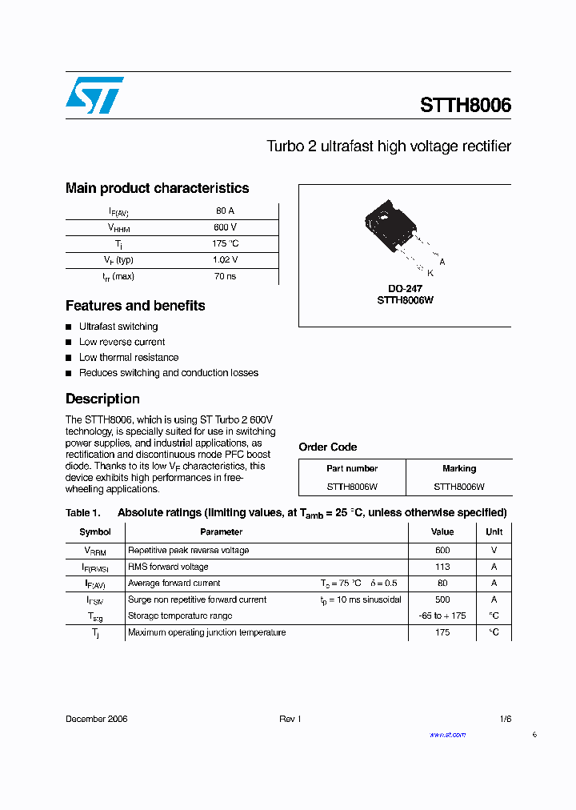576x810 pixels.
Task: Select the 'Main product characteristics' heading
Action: click(157, 188)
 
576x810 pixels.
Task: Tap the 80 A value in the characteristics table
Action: click(225, 211)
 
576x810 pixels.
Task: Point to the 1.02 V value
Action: click(225, 260)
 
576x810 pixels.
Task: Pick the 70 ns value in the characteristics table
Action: click(225, 276)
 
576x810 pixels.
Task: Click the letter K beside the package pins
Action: click(430, 273)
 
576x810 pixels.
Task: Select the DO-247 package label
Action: click(405, 289)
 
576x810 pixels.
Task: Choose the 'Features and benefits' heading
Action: click(135, 306)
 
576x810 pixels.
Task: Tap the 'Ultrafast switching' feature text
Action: click(118, 327)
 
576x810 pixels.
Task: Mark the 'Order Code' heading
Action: click(328, 447)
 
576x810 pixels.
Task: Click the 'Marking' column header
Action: click(458, 468)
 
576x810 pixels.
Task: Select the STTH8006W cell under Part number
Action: click(352, 486)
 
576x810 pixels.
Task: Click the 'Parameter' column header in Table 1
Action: click(221, 531)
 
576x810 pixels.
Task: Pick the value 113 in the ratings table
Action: click(442, 567)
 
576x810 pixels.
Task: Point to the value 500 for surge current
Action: click(442, 599)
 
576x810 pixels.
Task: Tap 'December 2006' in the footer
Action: click(96, 719)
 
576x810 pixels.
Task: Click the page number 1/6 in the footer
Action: click(505, 719)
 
